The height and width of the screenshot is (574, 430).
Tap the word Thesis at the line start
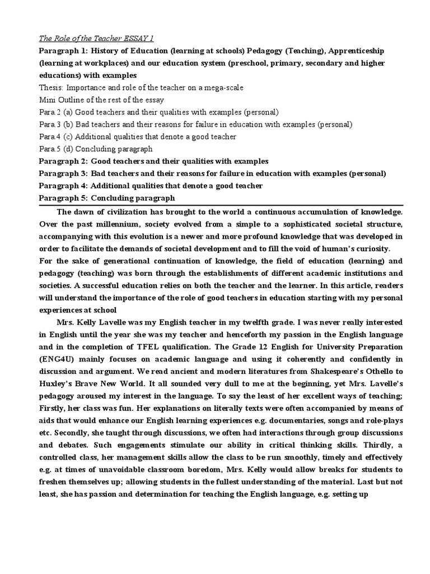tap(52, 88)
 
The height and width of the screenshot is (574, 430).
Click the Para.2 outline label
tap(51, 112)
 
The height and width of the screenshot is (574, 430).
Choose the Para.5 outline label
tap(51, 149)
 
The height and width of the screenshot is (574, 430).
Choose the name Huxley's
tap(57, 396)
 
